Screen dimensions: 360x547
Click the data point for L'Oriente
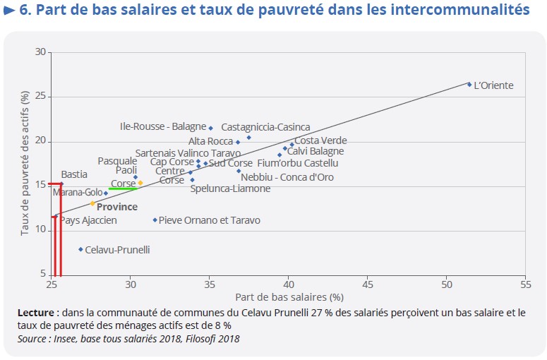469,84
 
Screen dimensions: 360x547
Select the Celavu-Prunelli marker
81,249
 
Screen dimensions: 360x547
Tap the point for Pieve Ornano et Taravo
155,220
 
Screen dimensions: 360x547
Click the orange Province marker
92,203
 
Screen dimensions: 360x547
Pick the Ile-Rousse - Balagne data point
210,128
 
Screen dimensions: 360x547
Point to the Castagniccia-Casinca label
265,127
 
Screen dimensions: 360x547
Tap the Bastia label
74,174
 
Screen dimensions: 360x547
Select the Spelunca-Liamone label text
230,188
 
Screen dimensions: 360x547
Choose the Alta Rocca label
210,141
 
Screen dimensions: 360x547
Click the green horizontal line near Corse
122,188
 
